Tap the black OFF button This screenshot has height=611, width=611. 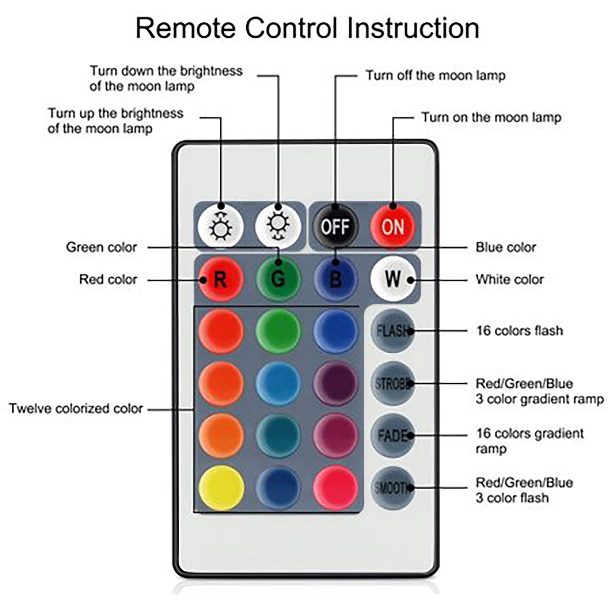[x=335, y=226]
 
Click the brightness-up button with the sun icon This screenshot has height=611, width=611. [x=221, y=226]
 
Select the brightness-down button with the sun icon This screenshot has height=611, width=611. [x=278, y=226]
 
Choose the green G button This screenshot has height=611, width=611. [x=278, y=279]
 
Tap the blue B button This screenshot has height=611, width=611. [x=335, y=279]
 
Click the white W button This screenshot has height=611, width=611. [x=393, y=279]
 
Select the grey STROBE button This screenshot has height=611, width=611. [x=393, y=384]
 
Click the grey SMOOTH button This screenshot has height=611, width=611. [x=393, y=488]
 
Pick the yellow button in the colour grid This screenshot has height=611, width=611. [x=221, y=488]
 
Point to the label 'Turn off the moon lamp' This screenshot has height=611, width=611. [x=435, y=76]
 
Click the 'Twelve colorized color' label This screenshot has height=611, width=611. [x=76, y=408]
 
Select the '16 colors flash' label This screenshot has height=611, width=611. [x=520, y=331]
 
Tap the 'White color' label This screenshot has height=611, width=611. [x=510, y=280]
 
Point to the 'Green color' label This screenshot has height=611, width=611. [x=101, y=247]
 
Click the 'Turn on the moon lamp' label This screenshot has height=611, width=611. [x=492, y=118]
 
